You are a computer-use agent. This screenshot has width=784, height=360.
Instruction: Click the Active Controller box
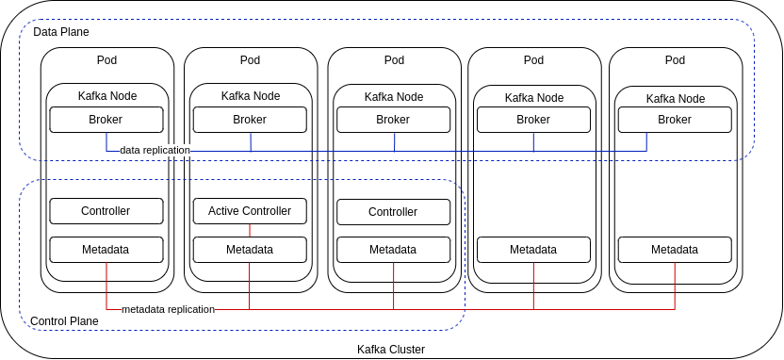tap(250, 211)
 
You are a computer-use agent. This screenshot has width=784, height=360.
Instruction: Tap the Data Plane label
tap(61, 32)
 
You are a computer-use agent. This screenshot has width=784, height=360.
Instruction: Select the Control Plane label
tap(64, 321)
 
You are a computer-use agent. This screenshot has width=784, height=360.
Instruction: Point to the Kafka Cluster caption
tap(391, 350)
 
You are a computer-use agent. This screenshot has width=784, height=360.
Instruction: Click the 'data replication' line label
tap(155, 150)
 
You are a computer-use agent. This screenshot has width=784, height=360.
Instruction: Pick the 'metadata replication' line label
tap(168, 309)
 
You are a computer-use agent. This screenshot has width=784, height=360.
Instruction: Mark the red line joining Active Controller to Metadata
tap(250, 230)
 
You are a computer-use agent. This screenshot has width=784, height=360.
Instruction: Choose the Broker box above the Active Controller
tap(250, 120)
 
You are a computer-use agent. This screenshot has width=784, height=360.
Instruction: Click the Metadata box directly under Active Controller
tap(250, 250)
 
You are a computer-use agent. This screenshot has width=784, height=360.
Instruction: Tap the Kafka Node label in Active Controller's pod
tap(251, 96)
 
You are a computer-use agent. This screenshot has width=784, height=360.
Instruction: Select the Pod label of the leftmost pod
tap(107, 60)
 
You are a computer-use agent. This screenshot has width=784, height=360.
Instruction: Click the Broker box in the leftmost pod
tap(106, 120)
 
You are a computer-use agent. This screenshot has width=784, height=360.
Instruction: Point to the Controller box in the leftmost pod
tap(106, 211)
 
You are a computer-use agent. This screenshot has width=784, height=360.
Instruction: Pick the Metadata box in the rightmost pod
tap(675, 250)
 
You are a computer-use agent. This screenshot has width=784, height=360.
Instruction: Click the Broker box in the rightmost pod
tap(675, 120)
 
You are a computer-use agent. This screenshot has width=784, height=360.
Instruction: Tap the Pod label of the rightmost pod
tap(675, 60)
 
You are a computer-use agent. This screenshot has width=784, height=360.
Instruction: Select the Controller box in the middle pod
tap(394, 212)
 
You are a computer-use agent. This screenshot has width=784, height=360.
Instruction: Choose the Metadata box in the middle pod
tap(394, 250)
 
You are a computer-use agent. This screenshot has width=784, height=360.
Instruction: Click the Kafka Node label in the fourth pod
tap(534, 98)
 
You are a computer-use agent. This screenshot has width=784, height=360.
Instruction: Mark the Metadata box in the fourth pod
tap(533, 250)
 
